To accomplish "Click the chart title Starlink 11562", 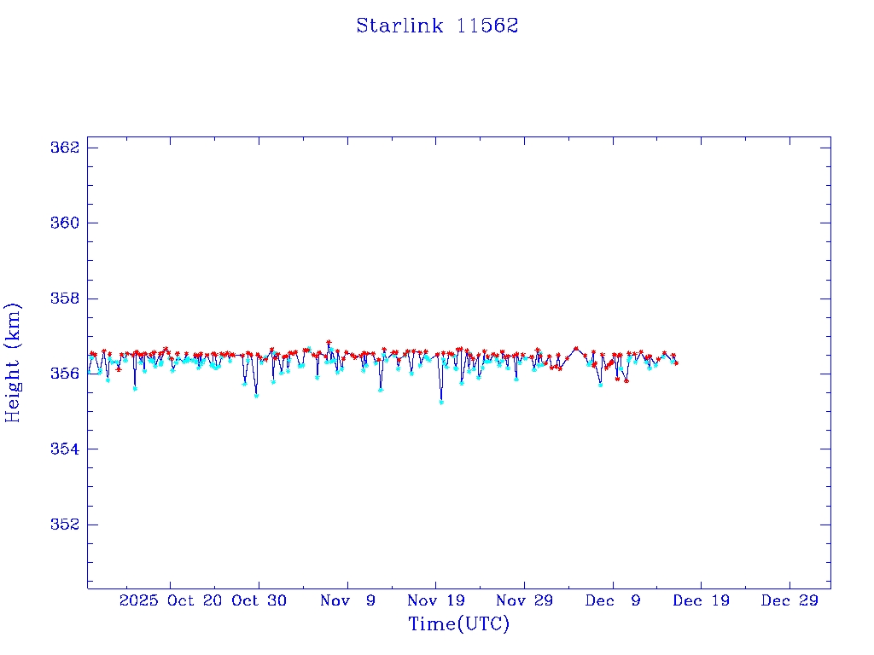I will pyautogui.click(x=437, y=26).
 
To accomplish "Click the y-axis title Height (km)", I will pyautogui.click(x=13, y=362).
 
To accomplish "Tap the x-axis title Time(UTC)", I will pyautogui.click(x=459, y=624).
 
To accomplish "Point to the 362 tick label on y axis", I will pyautogui.click(x=65, y=148).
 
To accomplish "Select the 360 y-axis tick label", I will pyautogui.click(x=65, y=223).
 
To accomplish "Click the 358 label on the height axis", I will pyautogui.click(x=65, y=299).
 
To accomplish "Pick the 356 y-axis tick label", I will pyautogui.click(x=65, y=374).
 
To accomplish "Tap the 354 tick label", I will pyautogui.click(x=65, y=449).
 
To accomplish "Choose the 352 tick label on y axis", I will pyautogui.click(x=65, y=524).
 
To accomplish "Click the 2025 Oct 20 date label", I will pyautogui.click(x=172, y=600).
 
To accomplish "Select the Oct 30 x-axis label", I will pyautogui.click(x=259, y=600).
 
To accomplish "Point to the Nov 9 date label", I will pyautogui.click(x=347, y=600).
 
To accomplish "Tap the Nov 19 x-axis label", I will pyautogui.click(x=435, y=600).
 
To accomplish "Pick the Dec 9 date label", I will pyautogui.click(x=613, y=600).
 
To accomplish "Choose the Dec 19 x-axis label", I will pyautogui.click(x=701, y=600).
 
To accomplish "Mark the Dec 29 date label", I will pyautogui.click(x=790, y=600).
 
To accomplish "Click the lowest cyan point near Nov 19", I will pyautogui.click(x=441, y=402).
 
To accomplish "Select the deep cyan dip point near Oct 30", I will pyautogui.click(x=256, y=396).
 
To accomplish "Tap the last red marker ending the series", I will pyautogui.click(x=676, y=363).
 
